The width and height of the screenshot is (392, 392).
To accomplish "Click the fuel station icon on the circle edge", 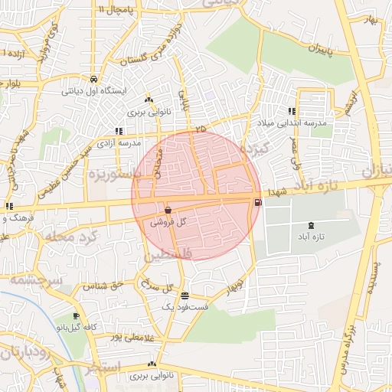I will click(257, 202).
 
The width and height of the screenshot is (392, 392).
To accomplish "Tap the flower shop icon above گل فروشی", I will click(168, 209).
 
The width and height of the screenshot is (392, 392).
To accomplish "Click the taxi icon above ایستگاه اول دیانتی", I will click(93, 78).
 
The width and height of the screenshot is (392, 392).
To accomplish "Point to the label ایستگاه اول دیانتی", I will click(93, 89).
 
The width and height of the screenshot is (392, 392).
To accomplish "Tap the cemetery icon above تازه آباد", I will click(310, 225).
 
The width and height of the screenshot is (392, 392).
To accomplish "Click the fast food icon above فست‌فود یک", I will click(185, 295).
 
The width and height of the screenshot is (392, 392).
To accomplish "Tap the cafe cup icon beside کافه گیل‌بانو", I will click(76, 316).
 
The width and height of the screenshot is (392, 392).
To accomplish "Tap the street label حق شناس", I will click(106, 285).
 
